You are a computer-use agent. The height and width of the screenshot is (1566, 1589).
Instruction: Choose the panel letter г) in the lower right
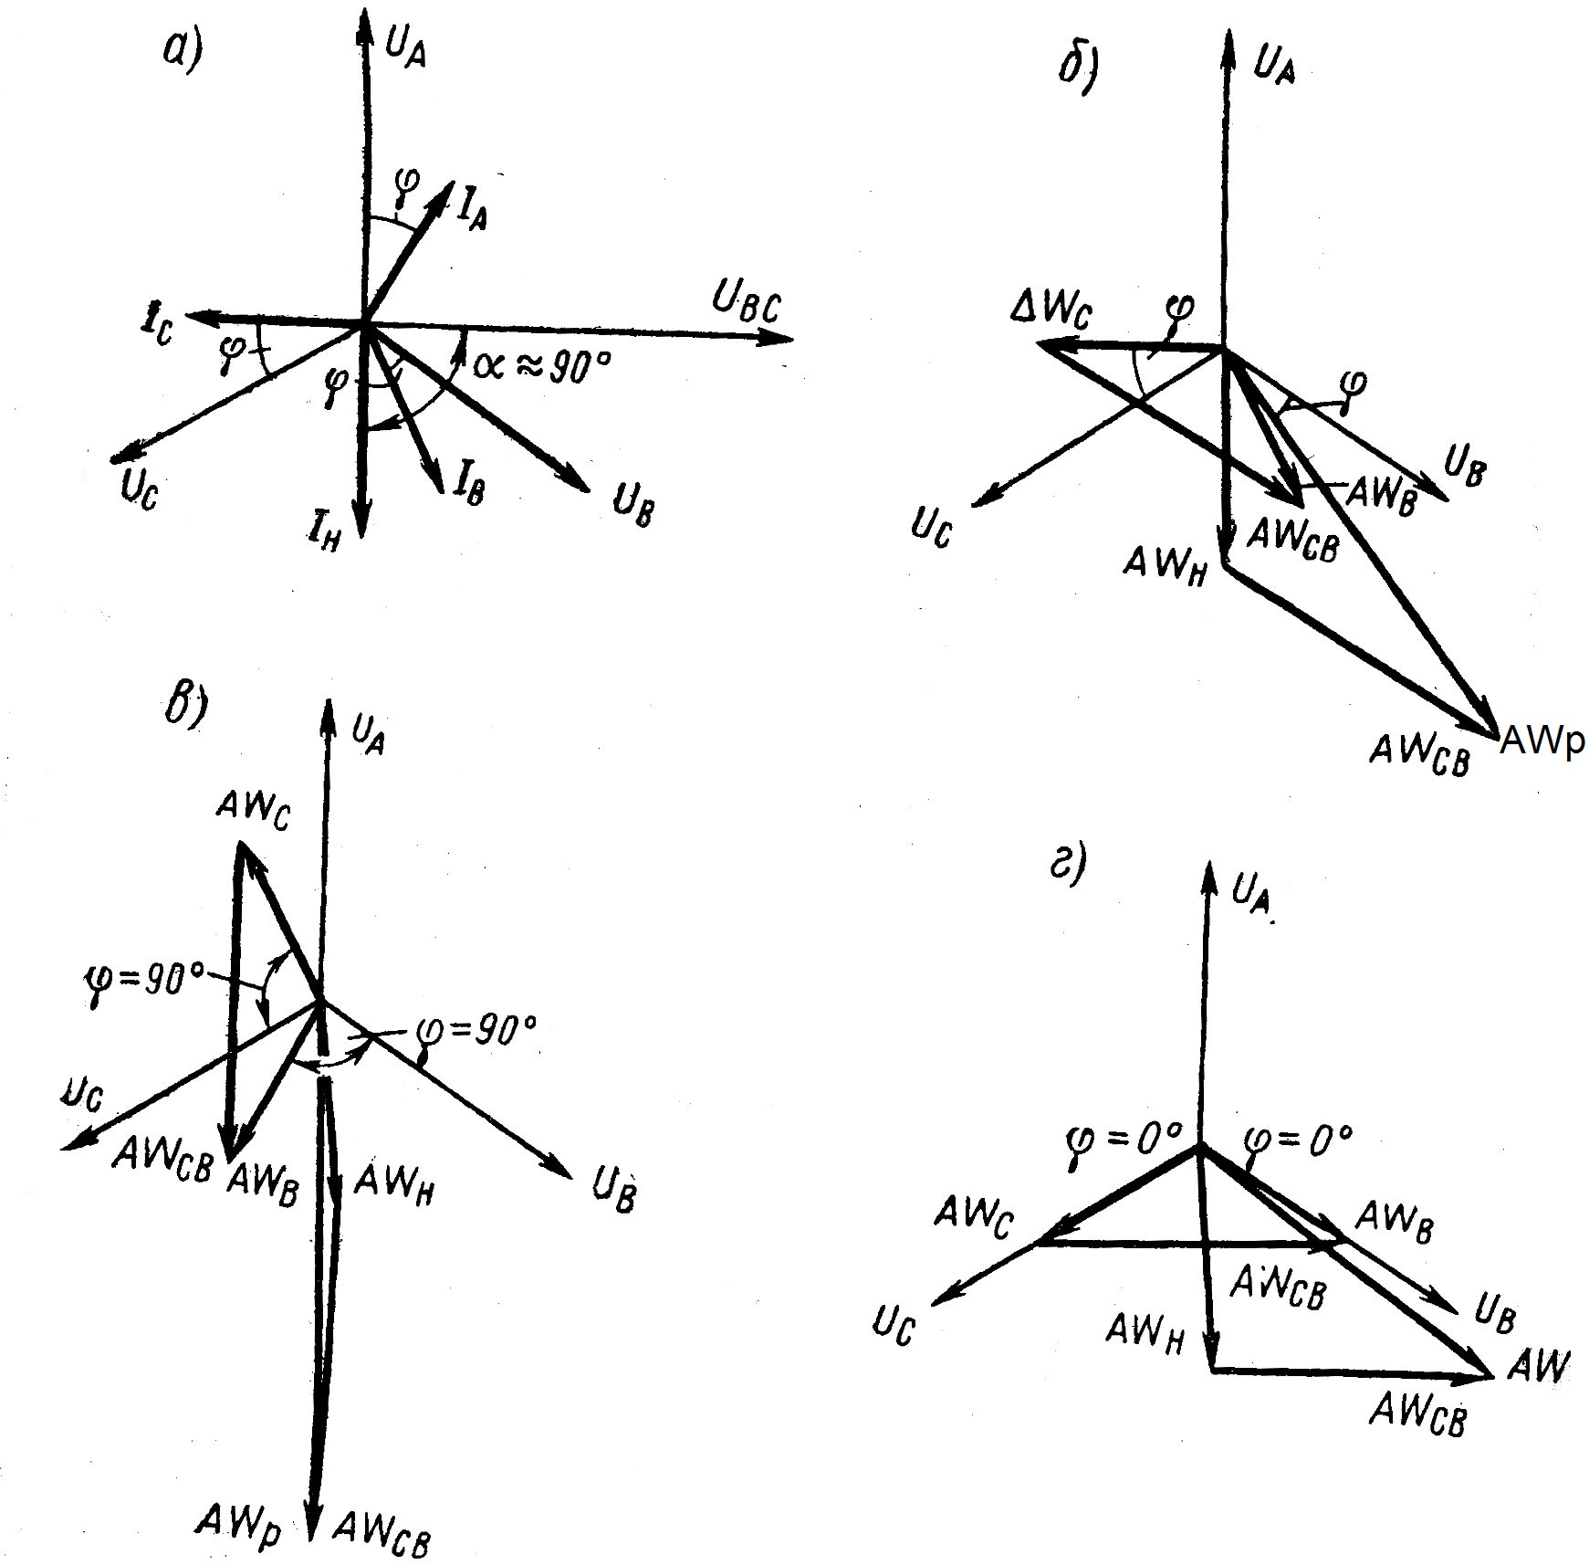pos(1068,863)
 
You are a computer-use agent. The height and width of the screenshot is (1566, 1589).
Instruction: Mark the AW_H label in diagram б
pos(1166,564)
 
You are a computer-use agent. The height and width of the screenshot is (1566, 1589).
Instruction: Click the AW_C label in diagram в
pos(253,809)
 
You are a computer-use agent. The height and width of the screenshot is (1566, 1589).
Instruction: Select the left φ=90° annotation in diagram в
pos(143,981)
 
